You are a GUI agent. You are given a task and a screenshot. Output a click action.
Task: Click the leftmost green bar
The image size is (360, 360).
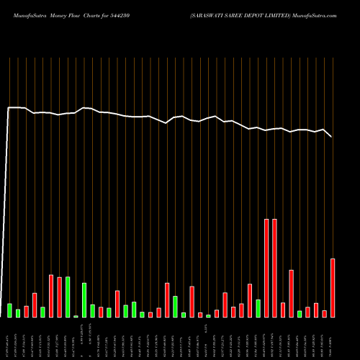[x=10, y=310]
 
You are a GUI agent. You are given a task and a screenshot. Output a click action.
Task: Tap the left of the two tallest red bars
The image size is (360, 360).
[x=266, y=268]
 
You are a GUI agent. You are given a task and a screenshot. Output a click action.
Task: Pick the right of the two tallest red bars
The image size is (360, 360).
[x=274, y=268]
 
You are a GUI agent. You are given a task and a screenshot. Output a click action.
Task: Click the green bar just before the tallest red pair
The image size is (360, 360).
[x=258, y=308]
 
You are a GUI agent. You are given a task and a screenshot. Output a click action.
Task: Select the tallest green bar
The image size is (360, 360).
[x=68, y=297]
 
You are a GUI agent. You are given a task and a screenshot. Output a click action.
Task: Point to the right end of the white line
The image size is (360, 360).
[x=332, y=136]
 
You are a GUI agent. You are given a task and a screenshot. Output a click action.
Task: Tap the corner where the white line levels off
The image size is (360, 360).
[x=9, y=108]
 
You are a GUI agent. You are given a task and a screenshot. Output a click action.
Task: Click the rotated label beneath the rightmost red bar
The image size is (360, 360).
[x=333, y=338]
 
